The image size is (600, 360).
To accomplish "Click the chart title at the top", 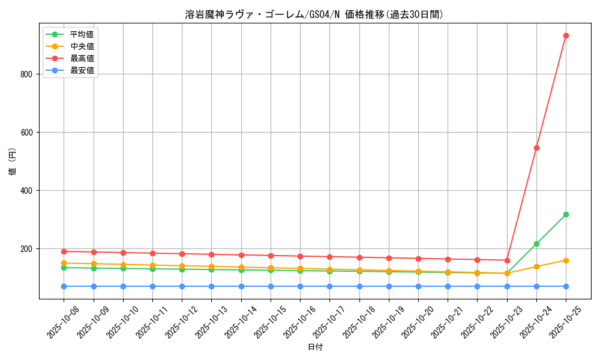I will click(314, 14).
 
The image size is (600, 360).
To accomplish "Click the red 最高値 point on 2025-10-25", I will click(566, 36).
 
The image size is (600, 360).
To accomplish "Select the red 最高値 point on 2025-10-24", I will click(536, 148).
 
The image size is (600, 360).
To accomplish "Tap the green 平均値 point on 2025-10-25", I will click(566, 214).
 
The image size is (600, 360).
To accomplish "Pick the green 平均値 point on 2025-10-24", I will click(536, 244).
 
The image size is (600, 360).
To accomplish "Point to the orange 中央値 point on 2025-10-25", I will click(566, 260).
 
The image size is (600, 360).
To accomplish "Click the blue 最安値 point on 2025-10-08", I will click(64, 286).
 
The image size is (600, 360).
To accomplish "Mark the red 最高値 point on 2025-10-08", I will click(64, 251).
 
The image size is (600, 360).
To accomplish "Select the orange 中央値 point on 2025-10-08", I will click(64, 263).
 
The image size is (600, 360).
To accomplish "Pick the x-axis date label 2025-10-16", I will click(299, 322).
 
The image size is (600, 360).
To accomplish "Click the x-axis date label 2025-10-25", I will click(564, 322).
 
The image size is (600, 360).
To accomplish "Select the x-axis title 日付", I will click(315, 347).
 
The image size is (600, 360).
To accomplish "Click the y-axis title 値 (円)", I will click(12, 162).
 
